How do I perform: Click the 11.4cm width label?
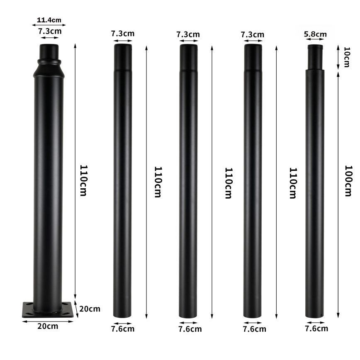[x=49, y=19]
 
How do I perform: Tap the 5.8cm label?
[x=315, y=34]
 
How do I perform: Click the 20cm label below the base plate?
[x=48, y=326]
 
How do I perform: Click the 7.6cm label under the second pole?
[x=123, y=329]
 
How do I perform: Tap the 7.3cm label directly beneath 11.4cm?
[x=50, y=31]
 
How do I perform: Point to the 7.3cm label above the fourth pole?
[x=252, y=34]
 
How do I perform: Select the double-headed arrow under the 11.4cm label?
[x=49, y=25]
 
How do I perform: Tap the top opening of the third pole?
[x=188, y=46]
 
